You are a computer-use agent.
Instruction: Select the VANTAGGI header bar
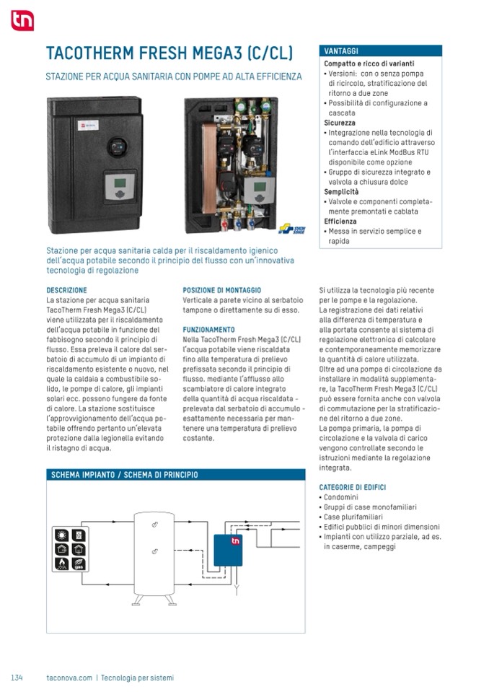(x=380, y=51)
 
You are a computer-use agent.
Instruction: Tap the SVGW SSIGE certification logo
(x=292, y=229)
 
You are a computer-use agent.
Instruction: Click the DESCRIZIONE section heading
(x=66, y=290)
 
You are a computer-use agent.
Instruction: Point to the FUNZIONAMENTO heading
(x=209, y=329)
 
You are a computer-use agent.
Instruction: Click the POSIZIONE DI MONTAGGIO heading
(x=222, y=290)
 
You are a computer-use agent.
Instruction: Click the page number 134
(x=17, y=678)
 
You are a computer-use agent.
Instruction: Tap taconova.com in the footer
(x=69, y=678)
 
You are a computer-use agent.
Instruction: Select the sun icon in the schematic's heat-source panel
(x=62, y=536)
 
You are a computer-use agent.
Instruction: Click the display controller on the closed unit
(x=116, y=185)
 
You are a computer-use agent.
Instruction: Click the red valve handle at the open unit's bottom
(x=226, y=223)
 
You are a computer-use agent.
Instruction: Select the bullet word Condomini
(x=341, y=498)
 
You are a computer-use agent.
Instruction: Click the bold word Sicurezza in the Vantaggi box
(x=340, y=123)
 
